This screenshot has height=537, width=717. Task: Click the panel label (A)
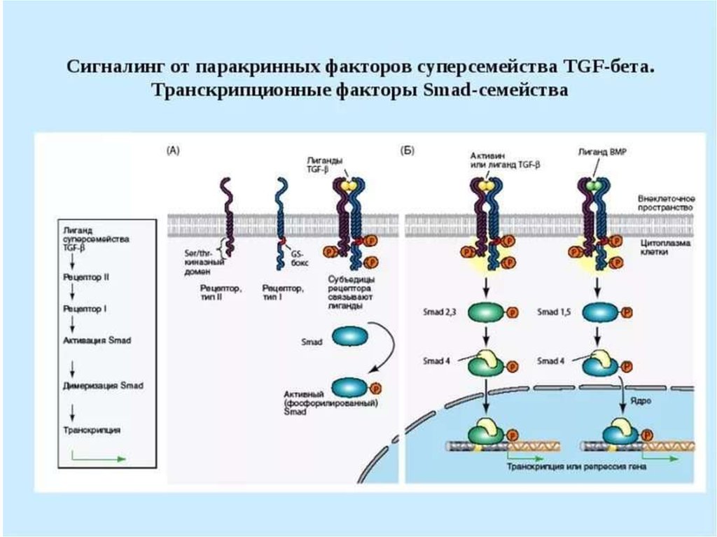coord(173,150)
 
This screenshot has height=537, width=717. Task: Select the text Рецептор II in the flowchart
coord(85,277)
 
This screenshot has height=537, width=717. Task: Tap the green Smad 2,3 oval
coord(481,312)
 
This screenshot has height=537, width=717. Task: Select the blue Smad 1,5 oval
coord(598,312)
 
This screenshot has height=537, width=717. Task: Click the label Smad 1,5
coord(555,312)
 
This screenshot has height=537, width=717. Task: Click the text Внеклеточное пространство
coord(665,203)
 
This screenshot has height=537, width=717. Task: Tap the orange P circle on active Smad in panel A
coord(375,386)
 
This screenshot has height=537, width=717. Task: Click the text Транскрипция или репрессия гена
coord(576,466)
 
